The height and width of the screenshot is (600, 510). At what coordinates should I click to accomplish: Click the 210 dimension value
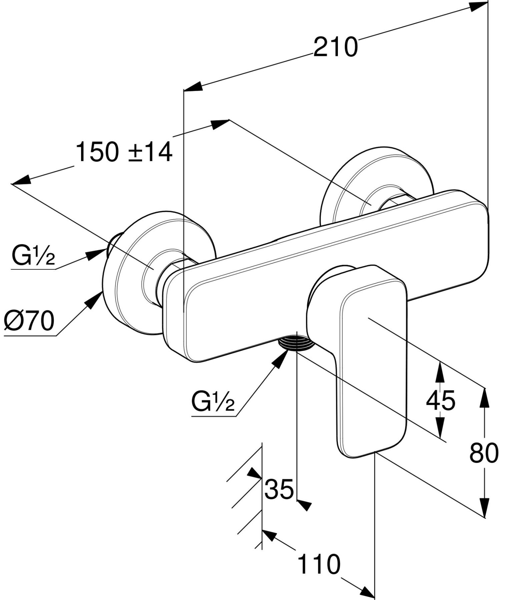coord(335,47)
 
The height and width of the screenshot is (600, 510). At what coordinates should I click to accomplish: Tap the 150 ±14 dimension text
coord(124,152)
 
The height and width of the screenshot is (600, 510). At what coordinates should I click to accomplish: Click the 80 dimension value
coord(484,453)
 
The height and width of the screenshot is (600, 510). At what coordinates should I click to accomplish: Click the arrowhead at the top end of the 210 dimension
coord(479,6)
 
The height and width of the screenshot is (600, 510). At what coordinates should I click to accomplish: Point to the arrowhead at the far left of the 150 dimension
coord(21,181)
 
